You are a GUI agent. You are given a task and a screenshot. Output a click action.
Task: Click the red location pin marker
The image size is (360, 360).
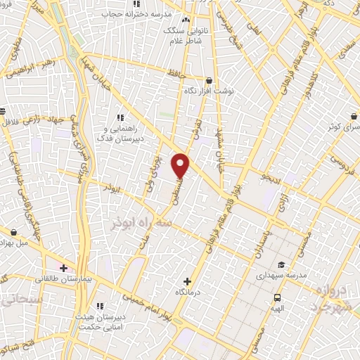tap(181, 165)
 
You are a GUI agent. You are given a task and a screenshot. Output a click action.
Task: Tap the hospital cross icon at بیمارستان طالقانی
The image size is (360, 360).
tap(63, 268)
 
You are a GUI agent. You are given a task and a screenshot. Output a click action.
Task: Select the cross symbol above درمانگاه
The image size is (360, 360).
tap(187, 281)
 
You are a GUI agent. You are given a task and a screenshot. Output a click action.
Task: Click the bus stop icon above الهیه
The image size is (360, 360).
tap(277, 297)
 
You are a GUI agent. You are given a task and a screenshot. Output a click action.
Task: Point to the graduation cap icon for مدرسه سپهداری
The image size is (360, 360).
tap(281, 264)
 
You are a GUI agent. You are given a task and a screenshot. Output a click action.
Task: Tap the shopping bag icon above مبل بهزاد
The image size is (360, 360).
tap(14, 231)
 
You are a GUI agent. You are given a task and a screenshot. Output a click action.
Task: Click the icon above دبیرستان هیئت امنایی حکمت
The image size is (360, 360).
tap(100, 306)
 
